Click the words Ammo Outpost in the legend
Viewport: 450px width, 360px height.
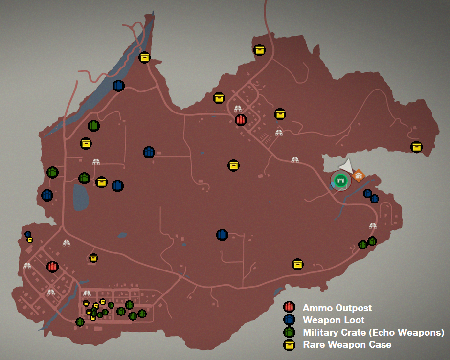coord(337,308)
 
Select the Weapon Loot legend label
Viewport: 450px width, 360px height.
coord(334,320)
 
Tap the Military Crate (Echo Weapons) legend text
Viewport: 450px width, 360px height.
coord(373,333)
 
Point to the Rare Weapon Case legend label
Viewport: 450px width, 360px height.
coord(347,345)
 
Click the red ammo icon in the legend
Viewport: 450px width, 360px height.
coord(289,308)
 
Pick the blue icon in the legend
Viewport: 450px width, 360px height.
coord(289,320)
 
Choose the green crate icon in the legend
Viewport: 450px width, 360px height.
coord(289,333)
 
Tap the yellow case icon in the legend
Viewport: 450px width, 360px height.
coord(289,345)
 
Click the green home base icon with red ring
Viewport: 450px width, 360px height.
coord(341,180)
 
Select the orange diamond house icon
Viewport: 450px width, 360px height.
coord(359,175)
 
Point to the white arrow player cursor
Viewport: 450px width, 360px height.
coord(346,165)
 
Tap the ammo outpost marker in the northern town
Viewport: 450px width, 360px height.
coord(241,120)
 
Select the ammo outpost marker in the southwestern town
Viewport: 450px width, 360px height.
coord(52,267)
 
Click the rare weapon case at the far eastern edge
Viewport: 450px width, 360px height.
coord(416,147)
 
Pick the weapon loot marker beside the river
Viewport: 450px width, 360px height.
coord(118,86)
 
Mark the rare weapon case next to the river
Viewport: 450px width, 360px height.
coord(144,58)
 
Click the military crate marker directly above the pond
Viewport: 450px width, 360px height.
coord(84,178)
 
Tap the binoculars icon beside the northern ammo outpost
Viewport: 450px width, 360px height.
coord(238,109)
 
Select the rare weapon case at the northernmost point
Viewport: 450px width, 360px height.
coord(259,50)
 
